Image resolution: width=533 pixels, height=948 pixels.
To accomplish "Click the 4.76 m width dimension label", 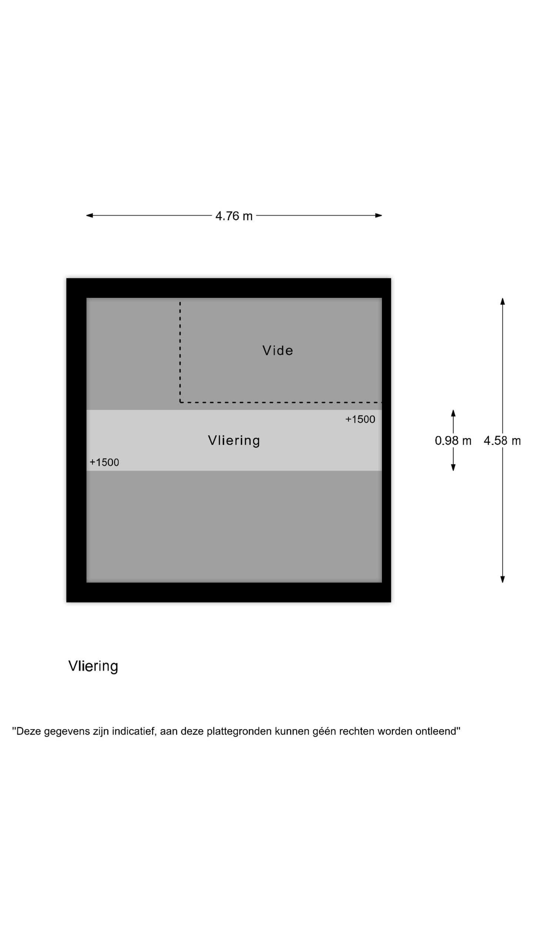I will [x=234, y=216].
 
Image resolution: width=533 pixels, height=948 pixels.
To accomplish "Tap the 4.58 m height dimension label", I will [x=502, y=441].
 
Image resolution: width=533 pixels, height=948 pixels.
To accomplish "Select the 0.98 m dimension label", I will [x=453, y=441].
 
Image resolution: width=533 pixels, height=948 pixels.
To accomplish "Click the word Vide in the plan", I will [x=278, y=350].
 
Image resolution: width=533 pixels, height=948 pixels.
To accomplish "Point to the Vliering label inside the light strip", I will [x=234, y=440].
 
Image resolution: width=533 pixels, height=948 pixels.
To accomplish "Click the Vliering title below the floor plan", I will [x=93, y=666].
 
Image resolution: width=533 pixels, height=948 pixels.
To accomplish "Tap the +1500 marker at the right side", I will [x=360, y=419].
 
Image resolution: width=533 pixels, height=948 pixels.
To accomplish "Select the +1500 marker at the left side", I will [x=104, y=462].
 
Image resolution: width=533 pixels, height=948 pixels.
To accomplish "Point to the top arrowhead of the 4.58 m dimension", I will [x=502, y=301].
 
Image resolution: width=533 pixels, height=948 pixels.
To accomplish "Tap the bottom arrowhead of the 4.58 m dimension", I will [x=502, y=580].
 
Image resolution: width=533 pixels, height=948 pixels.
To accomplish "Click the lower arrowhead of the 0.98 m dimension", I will [x=453, y=468].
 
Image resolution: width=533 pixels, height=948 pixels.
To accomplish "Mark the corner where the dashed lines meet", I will [x=180, y=402].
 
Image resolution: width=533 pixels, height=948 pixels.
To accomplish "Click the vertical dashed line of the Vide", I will [x=180, y=352].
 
